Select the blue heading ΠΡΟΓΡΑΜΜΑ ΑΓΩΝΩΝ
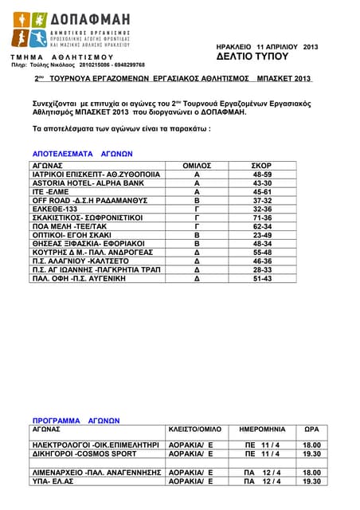click(76, 420)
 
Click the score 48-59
click(262, 174)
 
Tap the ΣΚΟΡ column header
click(262, 165)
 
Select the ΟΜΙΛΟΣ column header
click(197, 165)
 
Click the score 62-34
click(262, 226)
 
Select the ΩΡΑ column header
click(311, 429)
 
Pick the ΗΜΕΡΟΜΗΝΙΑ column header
click(262, 429)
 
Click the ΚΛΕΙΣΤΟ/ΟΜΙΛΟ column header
click(195, 429)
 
